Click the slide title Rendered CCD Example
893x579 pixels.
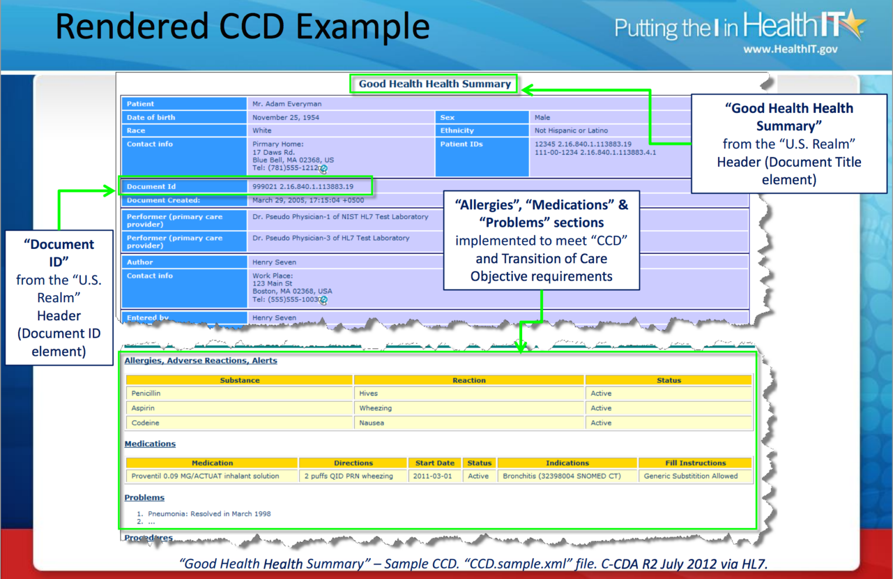click(x=242, y=27)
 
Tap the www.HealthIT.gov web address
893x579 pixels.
click(x=790, y=49)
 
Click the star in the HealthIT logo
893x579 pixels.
click(x=852, y=23)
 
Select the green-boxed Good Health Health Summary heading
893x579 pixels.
click(x=434, y=84)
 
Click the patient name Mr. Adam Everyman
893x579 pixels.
click(x=287, y=104)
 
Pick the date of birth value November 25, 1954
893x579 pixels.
click(x=285, y=117)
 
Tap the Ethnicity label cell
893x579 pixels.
click(x=457, y=131)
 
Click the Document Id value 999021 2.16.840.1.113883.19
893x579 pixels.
click(x=302, y=187)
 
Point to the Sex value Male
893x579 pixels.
click(x=542, y=117)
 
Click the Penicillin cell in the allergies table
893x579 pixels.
click(x=146, y=394)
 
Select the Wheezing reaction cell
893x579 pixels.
click(x=375, y=408)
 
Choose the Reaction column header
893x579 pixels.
click(x=469, y=380)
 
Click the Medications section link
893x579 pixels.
click(x=150, y=444)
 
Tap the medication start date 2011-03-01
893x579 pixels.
click(x=432, y=476)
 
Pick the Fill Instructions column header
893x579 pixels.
click(x=695, y=463)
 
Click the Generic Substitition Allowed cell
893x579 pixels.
click(x=690, y=476)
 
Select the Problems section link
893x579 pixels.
click(x=144, y=498)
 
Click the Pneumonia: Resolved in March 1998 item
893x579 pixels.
click(x=209, y=514)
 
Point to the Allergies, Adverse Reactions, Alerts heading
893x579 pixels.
click(x=201, y=360)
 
